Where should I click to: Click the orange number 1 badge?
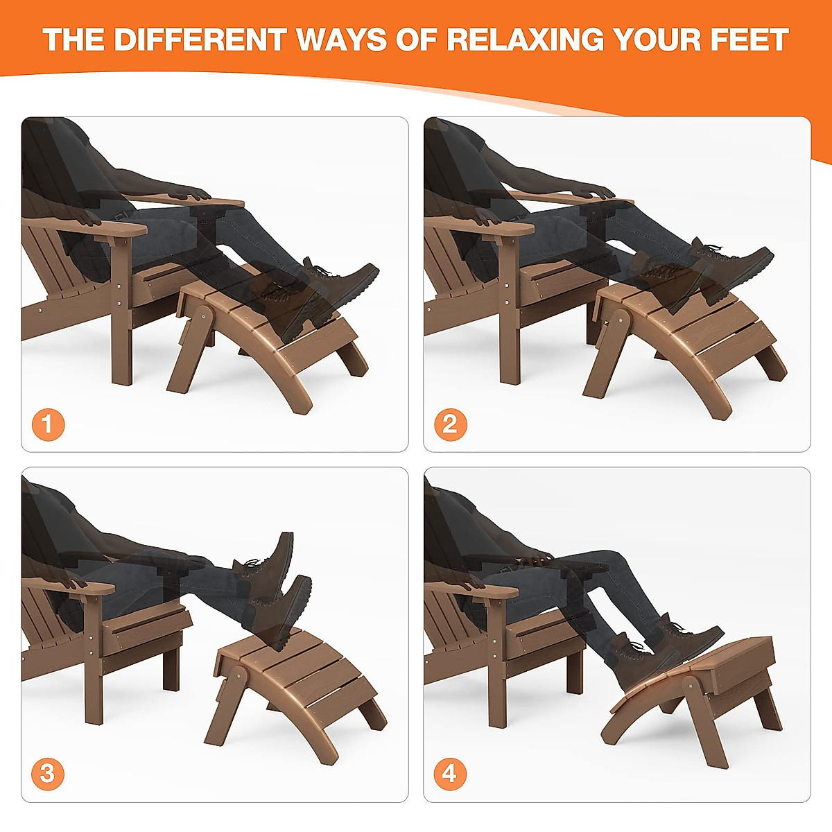(48, 424)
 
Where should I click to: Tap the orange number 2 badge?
(450, 424)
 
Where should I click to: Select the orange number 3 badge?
(48, 773)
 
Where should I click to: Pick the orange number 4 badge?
(450, 773)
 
